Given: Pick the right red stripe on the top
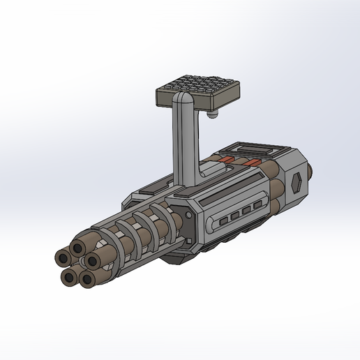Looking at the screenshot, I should [250, 163].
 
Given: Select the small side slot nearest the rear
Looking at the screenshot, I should [258, 205].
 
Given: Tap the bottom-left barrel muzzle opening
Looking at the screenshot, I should [69, 278].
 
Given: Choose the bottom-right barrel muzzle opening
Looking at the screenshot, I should [88, 280].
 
